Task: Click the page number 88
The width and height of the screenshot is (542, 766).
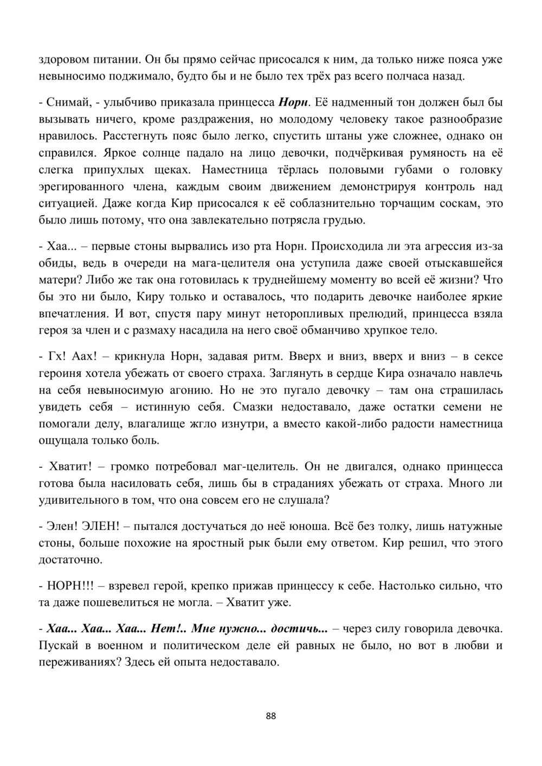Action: click(x=271, y=716)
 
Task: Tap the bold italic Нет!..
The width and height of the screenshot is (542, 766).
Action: click(x=169, y=628)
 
